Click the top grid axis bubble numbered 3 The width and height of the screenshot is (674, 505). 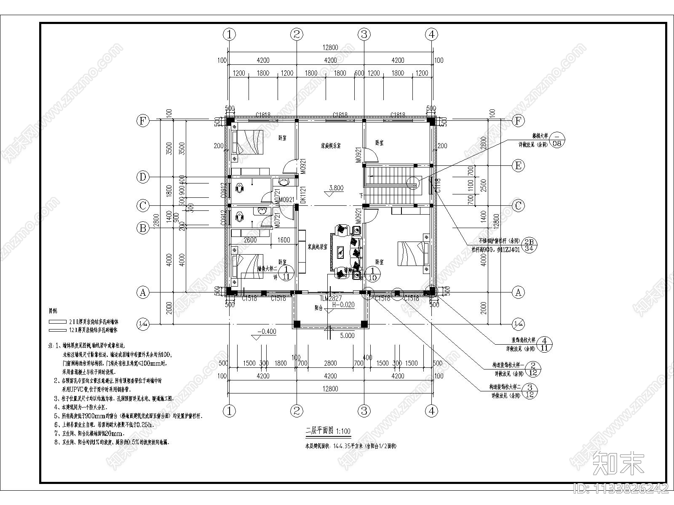coord(364,34)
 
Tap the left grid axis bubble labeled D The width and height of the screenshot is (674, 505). coord(143,177)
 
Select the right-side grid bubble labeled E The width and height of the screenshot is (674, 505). coord(518,165)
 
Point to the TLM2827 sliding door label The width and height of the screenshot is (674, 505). coord(330,298)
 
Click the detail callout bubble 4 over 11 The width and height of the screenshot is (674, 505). coord(545,344)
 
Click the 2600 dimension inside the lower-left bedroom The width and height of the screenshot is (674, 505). coord(250,240)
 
